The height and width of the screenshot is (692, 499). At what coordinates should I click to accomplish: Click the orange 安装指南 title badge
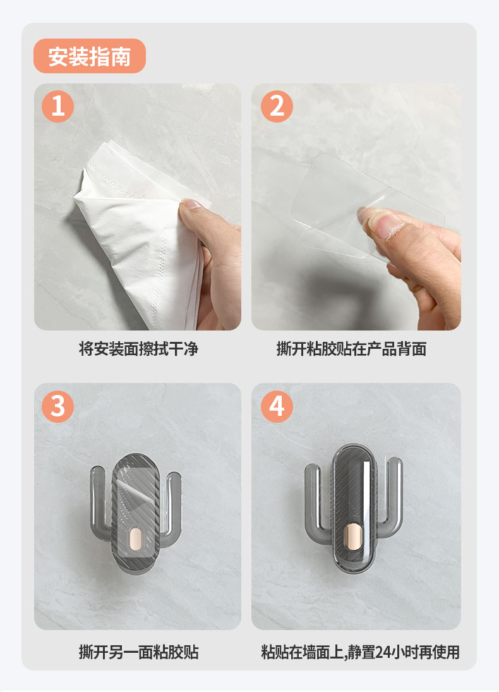coord(90,56)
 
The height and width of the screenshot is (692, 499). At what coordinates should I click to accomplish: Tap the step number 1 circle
coord(58,106)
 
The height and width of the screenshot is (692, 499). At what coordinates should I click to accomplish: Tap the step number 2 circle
coord(277,106)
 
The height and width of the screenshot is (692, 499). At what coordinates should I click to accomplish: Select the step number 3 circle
coord(58,406)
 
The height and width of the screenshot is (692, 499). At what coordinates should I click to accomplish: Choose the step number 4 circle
coord(277,406)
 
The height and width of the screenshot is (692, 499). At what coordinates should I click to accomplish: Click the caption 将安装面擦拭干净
coord(138,349)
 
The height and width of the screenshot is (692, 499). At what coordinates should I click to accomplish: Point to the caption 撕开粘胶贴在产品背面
coord(351,349)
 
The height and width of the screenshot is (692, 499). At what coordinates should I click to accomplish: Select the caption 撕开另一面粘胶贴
coord(138,652)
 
